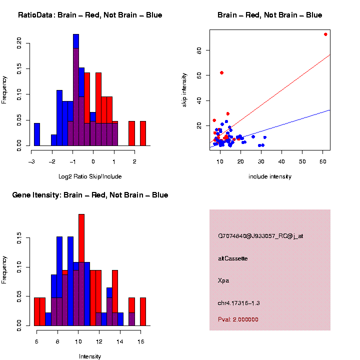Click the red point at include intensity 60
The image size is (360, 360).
pos(325,34)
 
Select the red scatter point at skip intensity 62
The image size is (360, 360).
pos(221,72)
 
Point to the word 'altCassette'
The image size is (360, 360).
pos(233,258)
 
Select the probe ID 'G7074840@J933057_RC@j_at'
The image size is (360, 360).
pos(260,236)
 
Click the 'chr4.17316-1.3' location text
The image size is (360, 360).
pos(239,303)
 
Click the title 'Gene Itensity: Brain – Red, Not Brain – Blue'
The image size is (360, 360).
pos(90,195)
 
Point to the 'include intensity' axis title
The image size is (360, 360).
pos(270,176)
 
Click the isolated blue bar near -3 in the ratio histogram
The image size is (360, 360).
pos(37,134)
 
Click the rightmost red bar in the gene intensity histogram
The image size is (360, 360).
pos(143,311)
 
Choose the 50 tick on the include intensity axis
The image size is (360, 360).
pos(302,161)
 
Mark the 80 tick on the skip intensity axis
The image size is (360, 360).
pos(198,50)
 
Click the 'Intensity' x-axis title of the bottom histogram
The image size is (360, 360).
pos(90,356)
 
